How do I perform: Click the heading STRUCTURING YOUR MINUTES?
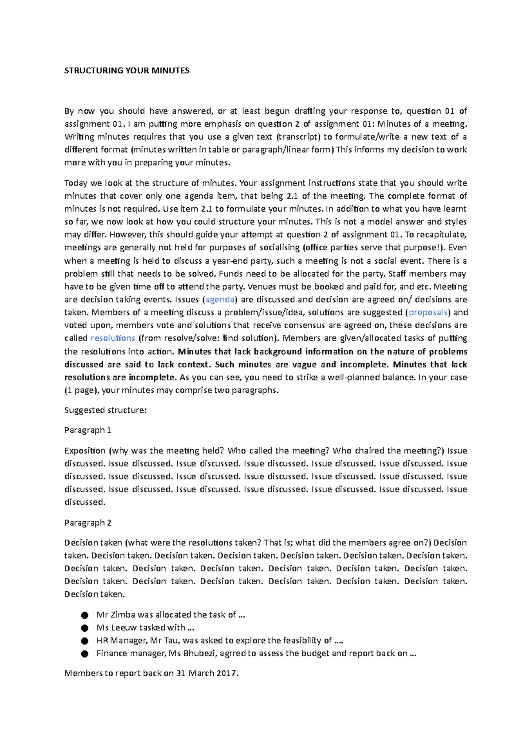[127, 70]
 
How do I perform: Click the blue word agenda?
[220, 300]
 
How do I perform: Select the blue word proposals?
[428, 313]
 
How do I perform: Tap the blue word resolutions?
[113, 338]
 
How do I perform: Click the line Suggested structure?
[105, 410]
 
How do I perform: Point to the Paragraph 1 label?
[88, 430]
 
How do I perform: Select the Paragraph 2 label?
[88, 523]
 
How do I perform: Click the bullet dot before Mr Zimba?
[85, 615]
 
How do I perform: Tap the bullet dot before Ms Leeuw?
[85, 628]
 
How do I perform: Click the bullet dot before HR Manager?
[85, 641]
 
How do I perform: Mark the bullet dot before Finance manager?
[85, 654]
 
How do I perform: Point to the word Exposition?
[85, 451]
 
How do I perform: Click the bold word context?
[194, 364]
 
